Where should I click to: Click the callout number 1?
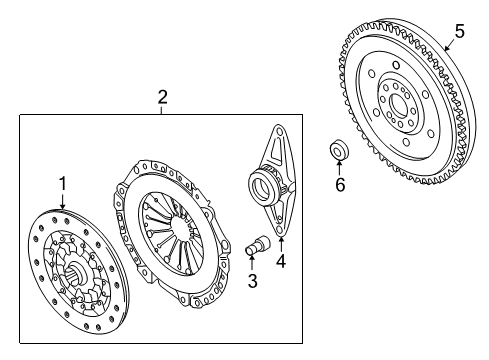pos(63,184)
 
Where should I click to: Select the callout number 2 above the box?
pos(162,97)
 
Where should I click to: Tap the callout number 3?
pos(252,281)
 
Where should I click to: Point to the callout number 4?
pos(281,261)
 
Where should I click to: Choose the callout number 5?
pos(459,31)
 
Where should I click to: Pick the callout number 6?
pos(340,184)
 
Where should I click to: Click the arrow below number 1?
pos(63,202)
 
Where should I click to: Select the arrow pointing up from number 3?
pos(252,261)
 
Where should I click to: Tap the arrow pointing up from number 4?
pos(281,244)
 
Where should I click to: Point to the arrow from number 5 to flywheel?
pos(450,45)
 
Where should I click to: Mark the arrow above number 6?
pos(339,167)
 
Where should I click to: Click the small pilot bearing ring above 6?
pos(339,150)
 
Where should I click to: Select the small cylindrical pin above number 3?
pos(258,245)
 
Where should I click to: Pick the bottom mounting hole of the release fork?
pos(280,231)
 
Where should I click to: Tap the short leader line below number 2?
pos(161,110)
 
